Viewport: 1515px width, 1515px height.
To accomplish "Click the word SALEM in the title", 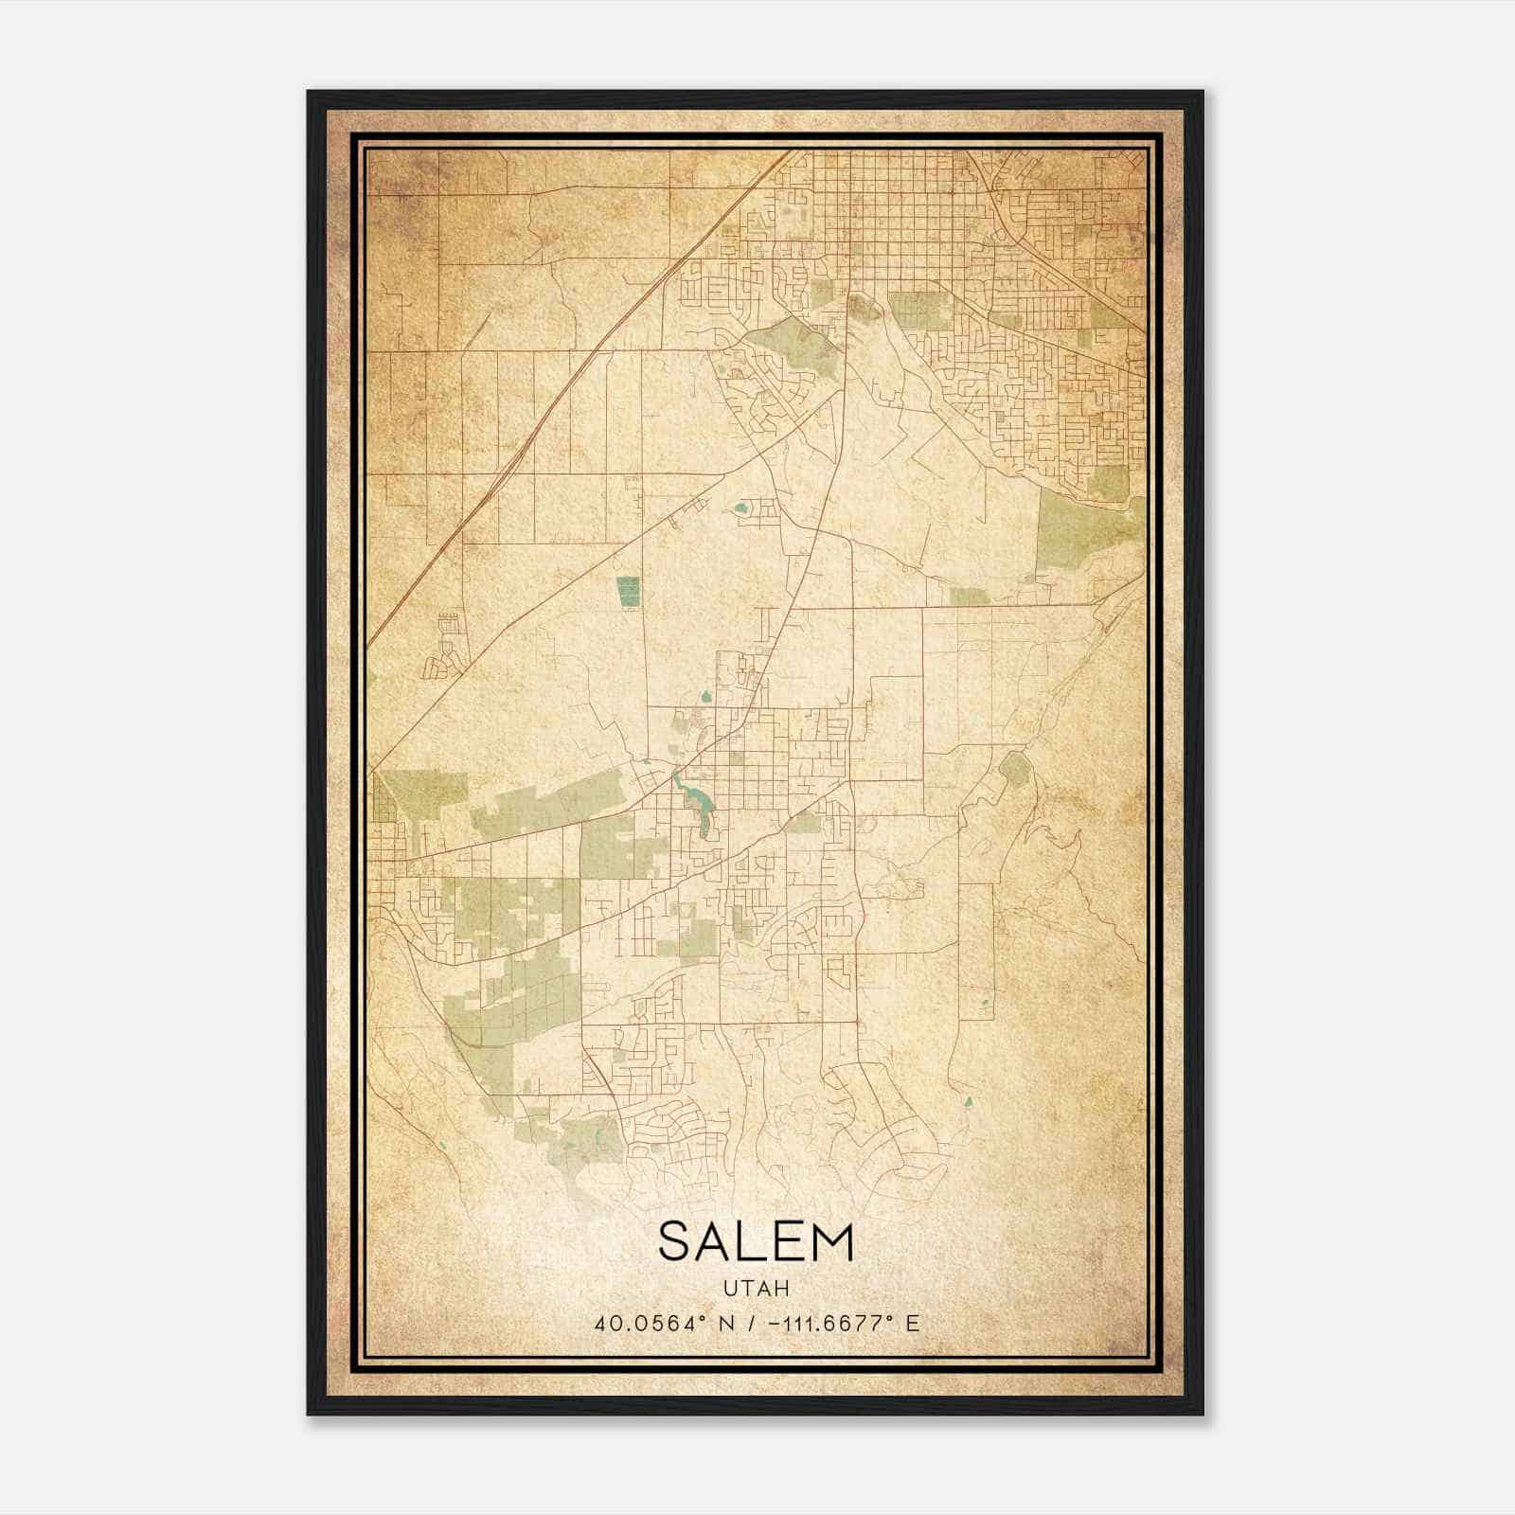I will (756, 1242).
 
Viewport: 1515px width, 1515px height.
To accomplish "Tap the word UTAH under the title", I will (756, 1289).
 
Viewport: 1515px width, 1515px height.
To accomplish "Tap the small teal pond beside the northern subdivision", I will (740, 510).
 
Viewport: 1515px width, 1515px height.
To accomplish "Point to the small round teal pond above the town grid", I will (705, 699).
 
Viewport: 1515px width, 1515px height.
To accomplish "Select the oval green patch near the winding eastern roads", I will (1014, 772).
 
